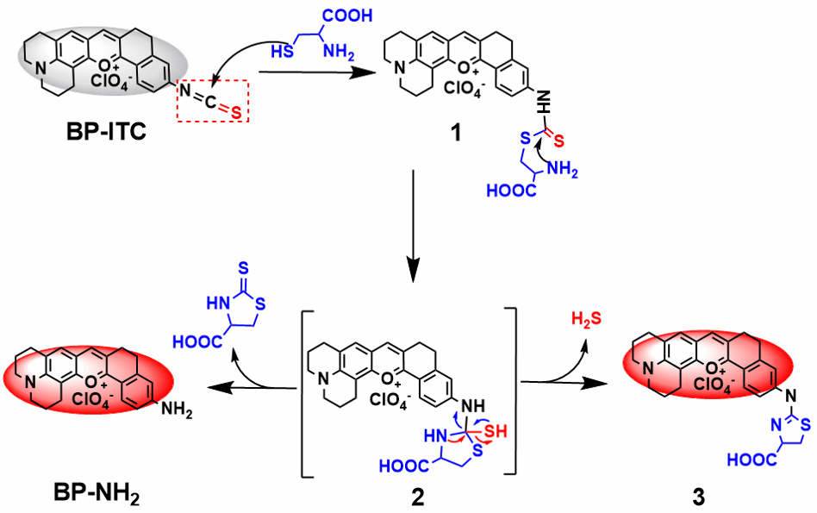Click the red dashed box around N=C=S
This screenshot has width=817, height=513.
click(x=213, y=100)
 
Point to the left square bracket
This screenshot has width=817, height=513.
click(x=308, y=388)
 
